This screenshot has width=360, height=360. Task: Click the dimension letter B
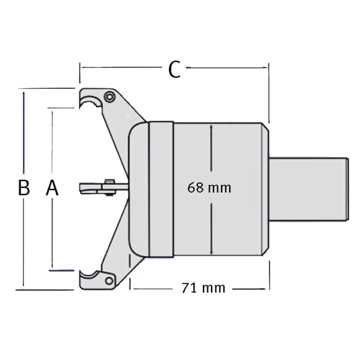[x=24, y=188]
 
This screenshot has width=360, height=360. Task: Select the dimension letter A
[x=52, y=188]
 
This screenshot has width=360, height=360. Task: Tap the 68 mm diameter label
[x=209, y=187]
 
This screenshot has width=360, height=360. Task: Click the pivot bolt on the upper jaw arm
[x=109, y=97]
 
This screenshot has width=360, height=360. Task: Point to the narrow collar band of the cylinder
[x=161, y=189]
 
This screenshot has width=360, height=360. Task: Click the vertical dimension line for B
[x=24, y=137]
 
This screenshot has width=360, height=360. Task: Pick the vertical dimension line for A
[x=53, y=143]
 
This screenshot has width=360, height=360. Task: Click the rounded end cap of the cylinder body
[x=138, y=189]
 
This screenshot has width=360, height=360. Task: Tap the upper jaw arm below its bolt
[x=122, y=124]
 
